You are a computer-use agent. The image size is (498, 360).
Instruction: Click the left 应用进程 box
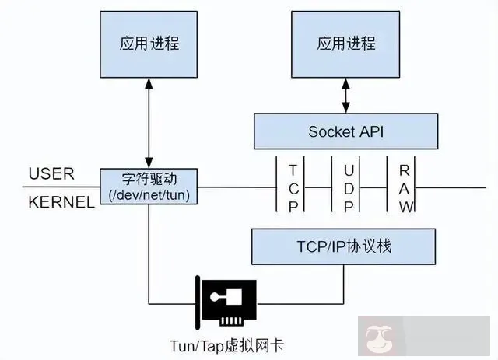pyautogui.click(x=149, y=44)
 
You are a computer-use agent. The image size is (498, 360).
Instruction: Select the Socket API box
pyautogui.click(x=345, y=131)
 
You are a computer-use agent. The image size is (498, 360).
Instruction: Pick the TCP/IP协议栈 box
pyautogui.click(x=343, y=246)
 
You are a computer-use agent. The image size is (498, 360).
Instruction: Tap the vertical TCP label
pyautogui.click(x=293, y=187)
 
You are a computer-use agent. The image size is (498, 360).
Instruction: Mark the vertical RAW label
pyautogui.click(x=405, y=187)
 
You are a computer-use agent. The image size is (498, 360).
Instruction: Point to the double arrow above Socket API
pyautogui.click(x=345, y=96)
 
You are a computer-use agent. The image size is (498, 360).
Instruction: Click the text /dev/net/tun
pyautogui.click(x=149, y=194)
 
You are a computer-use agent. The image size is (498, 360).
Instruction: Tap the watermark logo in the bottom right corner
pyautogui.click(x=380, y=339)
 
